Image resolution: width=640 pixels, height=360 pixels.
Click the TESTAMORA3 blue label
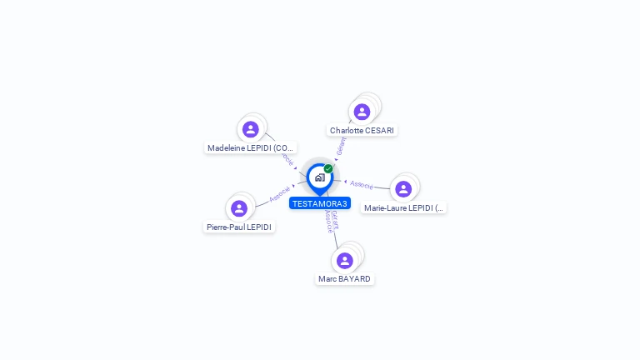(x=320, y=203)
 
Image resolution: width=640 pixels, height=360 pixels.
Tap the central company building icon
(x=319, y=177)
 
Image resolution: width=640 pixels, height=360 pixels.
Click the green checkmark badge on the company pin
(x=328, y=168)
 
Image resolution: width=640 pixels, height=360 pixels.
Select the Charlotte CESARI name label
(x=362, y=131)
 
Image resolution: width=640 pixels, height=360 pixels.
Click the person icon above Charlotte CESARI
(x=362, y=112)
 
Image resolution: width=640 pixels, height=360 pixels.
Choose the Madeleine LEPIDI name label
(x=251, y=148)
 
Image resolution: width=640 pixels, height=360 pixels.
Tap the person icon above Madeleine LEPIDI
(x=250, y=129)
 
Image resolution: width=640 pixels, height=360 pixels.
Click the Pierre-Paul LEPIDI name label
(x=239, y=227)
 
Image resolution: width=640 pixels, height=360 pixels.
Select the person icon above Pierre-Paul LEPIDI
(x=239, y=208)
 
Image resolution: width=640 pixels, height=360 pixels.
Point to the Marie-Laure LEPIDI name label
(x=404, y=207)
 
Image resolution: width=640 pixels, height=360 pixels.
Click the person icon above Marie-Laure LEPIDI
(x=403, y=189)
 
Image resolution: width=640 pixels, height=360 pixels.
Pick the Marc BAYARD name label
(x=345, y=279)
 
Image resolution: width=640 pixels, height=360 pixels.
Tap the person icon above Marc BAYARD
(x=345, y=261)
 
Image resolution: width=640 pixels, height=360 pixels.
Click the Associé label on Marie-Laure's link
(x=362, y=184)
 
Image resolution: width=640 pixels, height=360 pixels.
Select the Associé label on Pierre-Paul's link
(x=280, y=194)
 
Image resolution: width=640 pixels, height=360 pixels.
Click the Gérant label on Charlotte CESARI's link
(x=341, y=146)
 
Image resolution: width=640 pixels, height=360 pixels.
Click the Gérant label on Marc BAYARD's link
(x=335, y=219)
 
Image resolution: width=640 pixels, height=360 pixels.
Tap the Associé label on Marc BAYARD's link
(x=328, y=221)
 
